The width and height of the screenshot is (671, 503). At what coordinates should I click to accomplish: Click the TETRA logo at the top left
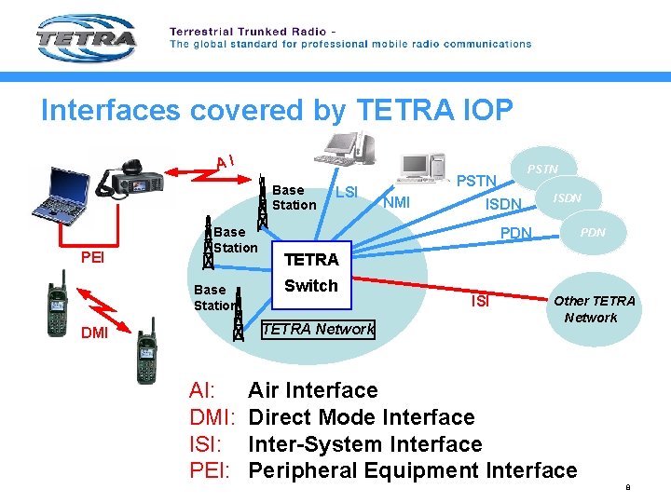click(x=86, y=39)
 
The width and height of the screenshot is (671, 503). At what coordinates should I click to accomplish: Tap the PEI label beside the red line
click(x=92, y=254)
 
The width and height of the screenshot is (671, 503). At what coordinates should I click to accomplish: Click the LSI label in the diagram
click(x=347, y=192)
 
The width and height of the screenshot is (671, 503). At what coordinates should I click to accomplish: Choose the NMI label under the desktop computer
click(x=397, y=201)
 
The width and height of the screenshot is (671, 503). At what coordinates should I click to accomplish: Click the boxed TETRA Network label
click(x=318, y=328)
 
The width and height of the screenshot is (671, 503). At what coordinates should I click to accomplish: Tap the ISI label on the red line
click(x=480, y=301)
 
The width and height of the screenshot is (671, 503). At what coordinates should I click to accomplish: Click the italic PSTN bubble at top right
click(x=542, y=169)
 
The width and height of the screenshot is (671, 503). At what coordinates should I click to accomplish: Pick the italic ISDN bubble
click(x=568, y=197)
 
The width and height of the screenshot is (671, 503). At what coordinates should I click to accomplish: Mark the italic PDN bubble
click(x=592, y=232)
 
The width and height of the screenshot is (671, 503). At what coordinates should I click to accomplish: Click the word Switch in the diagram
click(x=310, y=286)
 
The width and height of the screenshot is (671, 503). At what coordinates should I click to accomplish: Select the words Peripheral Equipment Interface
click(x=412, y=470)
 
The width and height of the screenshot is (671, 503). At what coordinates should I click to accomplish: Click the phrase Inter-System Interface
click(x=364, y=443)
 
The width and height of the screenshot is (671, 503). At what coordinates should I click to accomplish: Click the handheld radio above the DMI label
click(x=57, y=303)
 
